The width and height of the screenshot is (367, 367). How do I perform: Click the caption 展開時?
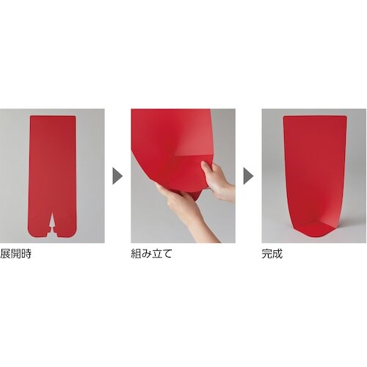[16, 254]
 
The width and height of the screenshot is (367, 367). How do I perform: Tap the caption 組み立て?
[151, 254]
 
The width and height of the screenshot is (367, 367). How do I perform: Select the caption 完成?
[272, 254]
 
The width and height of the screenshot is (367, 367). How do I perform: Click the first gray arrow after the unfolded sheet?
[117, 176]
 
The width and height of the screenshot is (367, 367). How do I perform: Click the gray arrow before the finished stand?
[248, 176]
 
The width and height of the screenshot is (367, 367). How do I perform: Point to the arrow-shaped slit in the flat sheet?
[53, 222]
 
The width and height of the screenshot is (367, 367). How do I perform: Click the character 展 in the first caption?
[5, 254]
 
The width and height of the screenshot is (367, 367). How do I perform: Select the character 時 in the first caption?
[26, 254]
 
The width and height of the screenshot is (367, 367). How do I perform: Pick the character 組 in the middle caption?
[137, 254]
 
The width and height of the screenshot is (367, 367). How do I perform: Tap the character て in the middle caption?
[167, 254]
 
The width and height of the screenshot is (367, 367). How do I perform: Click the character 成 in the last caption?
[277, 254]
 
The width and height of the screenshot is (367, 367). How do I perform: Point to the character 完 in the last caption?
[267, 254]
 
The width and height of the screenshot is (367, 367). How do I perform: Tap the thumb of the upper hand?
[205, 167]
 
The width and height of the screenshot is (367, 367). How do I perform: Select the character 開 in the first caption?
[16, 254]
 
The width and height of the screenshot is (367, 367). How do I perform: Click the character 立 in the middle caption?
[157, 254]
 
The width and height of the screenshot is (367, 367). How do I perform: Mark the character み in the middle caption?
[147, 254]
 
